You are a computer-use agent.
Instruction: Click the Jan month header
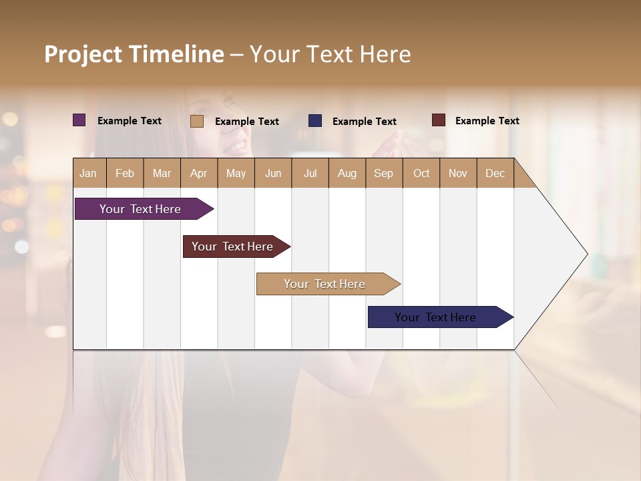coord(89,173)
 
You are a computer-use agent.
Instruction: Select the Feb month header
coord(125,173)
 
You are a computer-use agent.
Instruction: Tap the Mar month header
coord(162,173)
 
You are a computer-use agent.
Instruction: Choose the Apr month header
coord(199,173)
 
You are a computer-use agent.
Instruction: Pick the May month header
coord(236,173)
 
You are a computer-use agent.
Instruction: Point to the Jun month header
coord(273,173)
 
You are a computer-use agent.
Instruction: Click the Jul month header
coord(310,173)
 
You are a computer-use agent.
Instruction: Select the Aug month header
coord(347,173)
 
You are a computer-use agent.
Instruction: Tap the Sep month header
coord(384,173)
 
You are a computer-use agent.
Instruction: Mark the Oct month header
coord(421,173)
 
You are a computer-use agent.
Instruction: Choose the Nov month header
coord(458,173)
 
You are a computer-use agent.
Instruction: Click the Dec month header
coord(495,173)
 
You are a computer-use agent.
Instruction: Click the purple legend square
coord(79,120)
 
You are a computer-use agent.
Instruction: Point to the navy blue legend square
coord(315,121)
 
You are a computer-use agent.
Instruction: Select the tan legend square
coord(197,121)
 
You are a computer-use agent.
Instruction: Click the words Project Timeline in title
coord(134,54)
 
